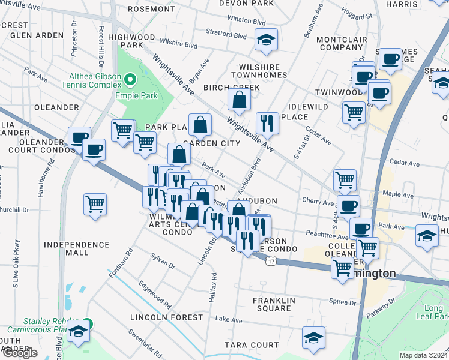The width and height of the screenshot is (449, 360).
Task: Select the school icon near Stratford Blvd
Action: tap(266, 40)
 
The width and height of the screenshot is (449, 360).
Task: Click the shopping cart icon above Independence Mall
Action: tap(95, 205)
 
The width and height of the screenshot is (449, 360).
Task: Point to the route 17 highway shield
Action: tap(271, 262)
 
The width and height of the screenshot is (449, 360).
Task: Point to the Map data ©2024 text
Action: tap(423, 355)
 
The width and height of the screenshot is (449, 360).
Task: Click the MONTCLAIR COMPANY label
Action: tap(340, 43)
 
